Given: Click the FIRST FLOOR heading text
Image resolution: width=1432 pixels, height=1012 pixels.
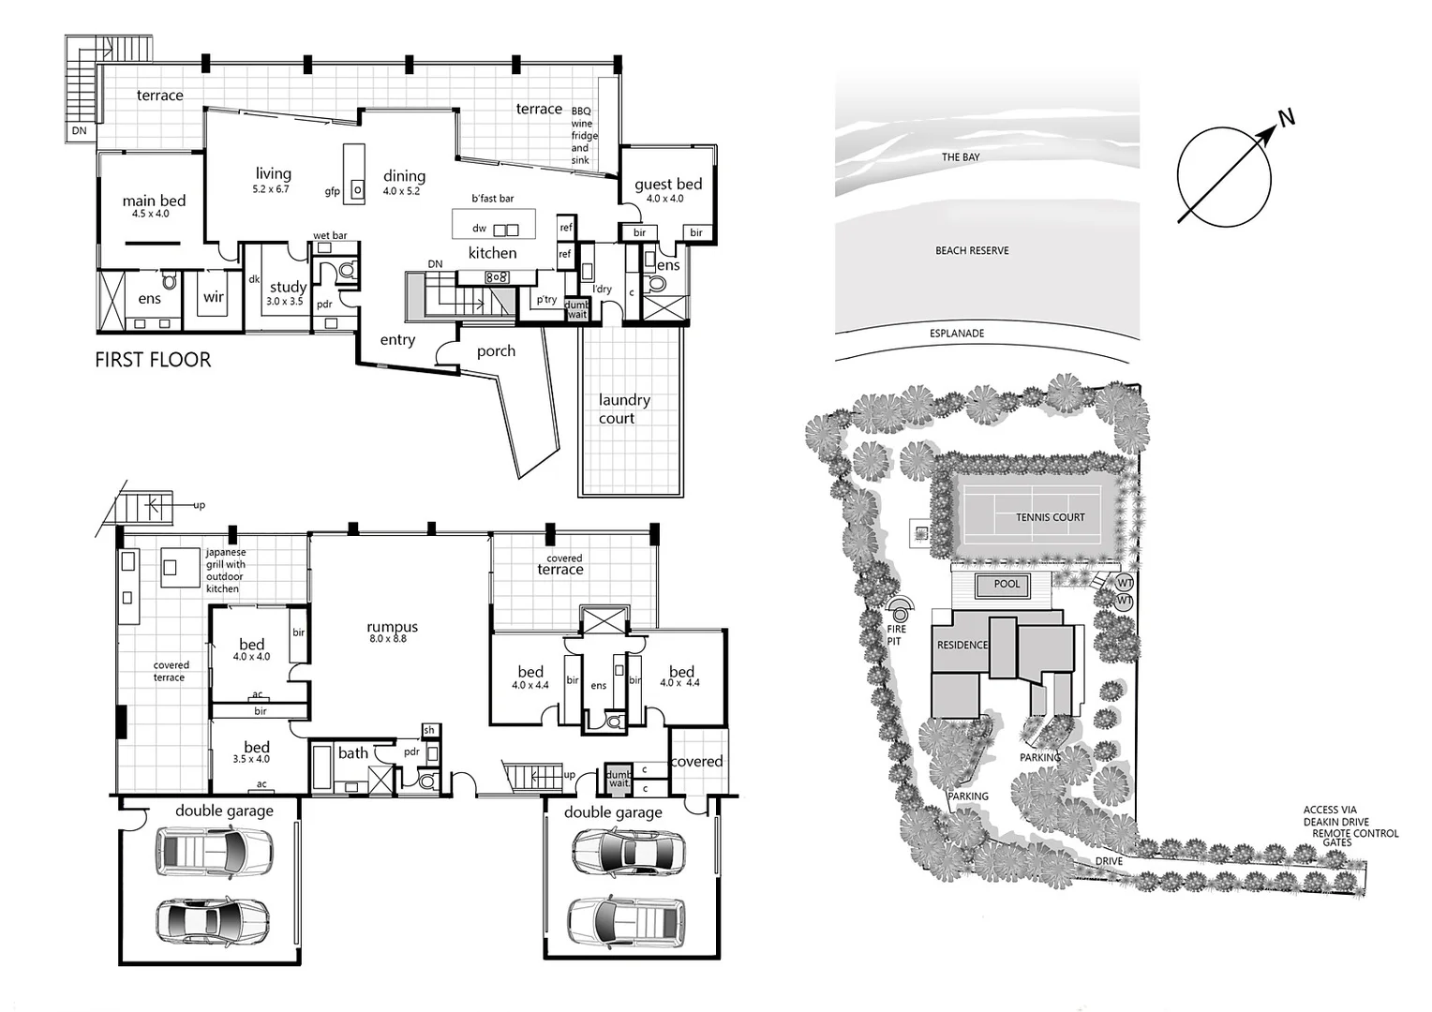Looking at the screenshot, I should click(x=153, y=360).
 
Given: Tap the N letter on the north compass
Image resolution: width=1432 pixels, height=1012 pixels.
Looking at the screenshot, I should click(x=1287, y=118).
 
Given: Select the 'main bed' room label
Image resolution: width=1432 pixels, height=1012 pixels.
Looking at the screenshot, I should click(x=154, y=201).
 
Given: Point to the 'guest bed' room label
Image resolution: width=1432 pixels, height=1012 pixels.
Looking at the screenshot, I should click(x=667, y=185).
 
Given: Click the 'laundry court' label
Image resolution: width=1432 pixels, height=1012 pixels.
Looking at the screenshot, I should click(x=623, y=409).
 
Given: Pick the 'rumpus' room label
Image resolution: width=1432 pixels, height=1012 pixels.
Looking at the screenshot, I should click(x=392, y=628).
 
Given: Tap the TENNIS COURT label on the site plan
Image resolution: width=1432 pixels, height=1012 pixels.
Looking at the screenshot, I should click(x=1050, y=517).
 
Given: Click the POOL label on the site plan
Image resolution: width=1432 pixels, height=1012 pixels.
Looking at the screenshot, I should click(x=1007, y=584).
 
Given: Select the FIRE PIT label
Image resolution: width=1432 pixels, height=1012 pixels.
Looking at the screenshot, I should click(x=896, y=635).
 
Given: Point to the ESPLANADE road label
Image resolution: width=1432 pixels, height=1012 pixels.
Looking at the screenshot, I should click(x=956, y=334).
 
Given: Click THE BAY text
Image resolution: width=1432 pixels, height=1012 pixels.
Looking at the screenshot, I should click(x=960, y=157).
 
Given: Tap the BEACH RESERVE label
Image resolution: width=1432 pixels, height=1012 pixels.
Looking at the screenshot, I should click(x=972, y=251).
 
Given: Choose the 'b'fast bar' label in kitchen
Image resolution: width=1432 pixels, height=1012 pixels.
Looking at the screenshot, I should click(x=492, y=199).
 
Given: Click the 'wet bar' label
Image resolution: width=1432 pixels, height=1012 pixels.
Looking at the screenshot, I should click(x=330, y=236).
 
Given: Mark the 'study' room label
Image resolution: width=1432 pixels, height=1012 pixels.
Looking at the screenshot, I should click(x=288, y=288).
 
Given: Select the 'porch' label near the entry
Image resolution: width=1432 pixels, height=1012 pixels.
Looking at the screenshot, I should click(x=496, y=351).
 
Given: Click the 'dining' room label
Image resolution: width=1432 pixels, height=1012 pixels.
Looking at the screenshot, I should click(x=404, y=176).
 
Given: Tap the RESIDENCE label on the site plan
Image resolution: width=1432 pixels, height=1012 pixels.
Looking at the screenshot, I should click(x=962, y=646).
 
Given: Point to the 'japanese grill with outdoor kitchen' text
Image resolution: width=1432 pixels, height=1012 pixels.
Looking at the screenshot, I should click(x=225, y=571).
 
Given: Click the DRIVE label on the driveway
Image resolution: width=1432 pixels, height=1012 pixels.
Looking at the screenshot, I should click(x=1109, y=861).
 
